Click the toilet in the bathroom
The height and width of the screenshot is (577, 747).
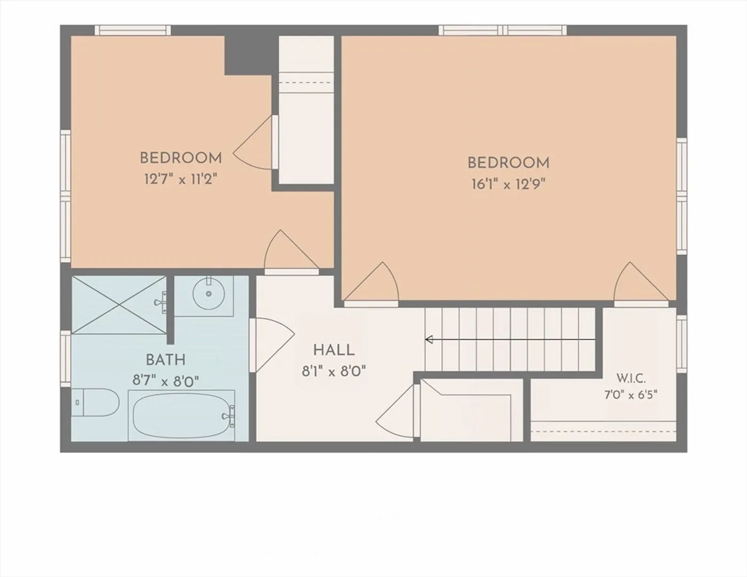pos(95,402)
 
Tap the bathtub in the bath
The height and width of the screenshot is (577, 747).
pos(181,416)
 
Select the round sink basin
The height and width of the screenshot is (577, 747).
pos(209,293)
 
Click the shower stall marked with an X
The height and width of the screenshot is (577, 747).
pos(119,305)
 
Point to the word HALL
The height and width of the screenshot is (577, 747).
pos(334,350)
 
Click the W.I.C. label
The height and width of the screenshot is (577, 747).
pos(631,379)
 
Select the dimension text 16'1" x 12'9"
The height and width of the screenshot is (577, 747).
pos(509,185)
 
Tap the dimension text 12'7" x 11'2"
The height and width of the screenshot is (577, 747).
pos(181,179)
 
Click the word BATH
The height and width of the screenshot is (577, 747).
pos(166,360)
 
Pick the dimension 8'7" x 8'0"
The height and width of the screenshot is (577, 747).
pos(166,381)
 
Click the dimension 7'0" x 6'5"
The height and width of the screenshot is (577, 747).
pos(631,395)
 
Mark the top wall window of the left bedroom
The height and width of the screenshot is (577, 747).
pos(133,30)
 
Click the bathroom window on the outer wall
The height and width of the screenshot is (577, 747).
pos(66,359)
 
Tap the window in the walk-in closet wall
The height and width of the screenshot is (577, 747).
pos(682,344)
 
